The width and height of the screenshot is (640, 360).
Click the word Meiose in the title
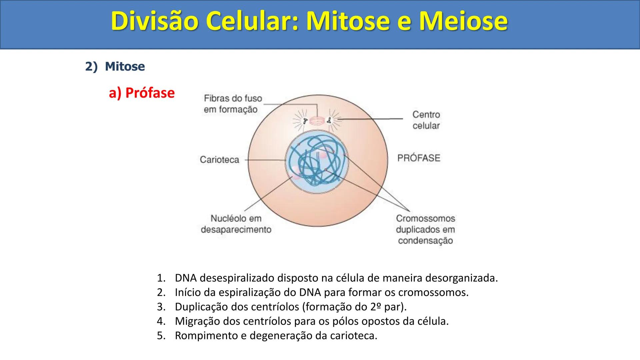[x=463, y=21]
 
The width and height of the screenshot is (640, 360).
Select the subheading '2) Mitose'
[x=115, y=66]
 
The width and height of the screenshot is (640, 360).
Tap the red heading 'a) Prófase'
[x=142, y=93]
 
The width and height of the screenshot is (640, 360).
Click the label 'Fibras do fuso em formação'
[x=233, y=104]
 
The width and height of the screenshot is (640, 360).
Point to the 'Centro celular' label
[x=426, y=120]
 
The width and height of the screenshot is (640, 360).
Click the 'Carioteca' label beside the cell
[x=219, y=160]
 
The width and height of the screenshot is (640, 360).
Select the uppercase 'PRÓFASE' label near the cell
[x=419, y=158]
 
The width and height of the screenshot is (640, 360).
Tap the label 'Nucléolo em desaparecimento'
[x=236, y=224]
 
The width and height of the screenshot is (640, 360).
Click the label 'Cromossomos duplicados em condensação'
[x=425, y=229]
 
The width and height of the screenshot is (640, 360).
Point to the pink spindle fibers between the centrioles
[x=317, y=121]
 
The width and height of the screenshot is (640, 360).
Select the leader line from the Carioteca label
[x=265, y=160]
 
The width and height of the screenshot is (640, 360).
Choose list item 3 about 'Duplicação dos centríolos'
[x=282, y=307]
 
